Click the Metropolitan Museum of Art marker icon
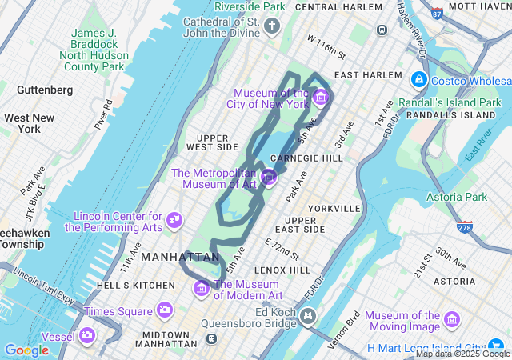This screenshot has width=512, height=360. [x=269, y=177]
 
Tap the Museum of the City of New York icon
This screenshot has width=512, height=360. [x=321, y=98]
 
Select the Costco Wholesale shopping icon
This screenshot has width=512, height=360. [x=418, y=80]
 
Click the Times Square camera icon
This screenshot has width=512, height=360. [x=165, y=310]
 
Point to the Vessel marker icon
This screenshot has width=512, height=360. [x=86, y=335]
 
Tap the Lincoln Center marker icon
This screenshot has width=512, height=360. [x=174, y=220]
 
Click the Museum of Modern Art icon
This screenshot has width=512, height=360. [x=201, y=288]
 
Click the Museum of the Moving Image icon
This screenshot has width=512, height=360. [x=453, y=320]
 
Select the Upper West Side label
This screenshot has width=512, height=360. [x=212, y=142]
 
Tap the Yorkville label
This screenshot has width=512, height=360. [x=334, y=208]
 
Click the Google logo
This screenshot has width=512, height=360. [x=26, y=350]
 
